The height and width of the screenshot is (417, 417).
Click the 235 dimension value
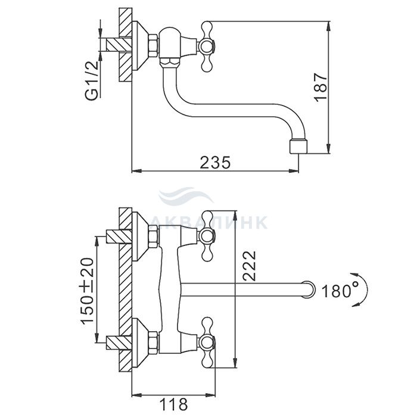215,163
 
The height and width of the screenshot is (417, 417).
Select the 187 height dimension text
320,87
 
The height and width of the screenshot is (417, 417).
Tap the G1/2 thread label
93,80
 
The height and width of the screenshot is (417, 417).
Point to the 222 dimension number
249,266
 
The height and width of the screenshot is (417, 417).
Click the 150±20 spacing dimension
88,291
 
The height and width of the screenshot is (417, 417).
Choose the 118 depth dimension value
173,404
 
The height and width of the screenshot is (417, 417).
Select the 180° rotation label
340,291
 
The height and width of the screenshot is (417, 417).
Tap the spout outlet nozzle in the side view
298,147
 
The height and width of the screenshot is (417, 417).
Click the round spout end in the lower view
309,289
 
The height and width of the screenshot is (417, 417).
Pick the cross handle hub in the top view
207,47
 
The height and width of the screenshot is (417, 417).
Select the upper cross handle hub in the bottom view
207,236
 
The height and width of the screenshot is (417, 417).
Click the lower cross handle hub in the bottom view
207,343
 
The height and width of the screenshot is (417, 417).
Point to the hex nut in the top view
154,46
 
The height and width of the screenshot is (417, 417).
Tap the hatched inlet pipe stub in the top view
119,45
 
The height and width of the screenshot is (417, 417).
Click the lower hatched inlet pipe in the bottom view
119,343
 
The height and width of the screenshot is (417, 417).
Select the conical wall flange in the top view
140,46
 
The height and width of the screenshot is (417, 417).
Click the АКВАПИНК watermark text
209,222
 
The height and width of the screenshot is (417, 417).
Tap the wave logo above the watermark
186,196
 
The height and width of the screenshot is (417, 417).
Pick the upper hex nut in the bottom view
154,236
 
